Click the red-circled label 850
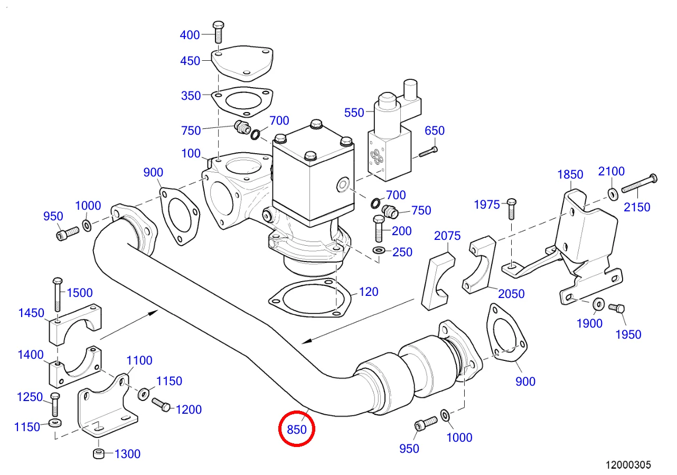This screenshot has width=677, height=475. (296, 430)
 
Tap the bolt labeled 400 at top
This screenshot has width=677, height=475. (218, 32)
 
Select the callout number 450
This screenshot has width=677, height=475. (190, 61)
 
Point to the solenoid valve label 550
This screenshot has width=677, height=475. (354, 113)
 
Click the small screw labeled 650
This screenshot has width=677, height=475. (428, 152)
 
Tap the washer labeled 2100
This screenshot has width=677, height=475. (613, 194)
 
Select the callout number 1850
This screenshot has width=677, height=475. (570, 175)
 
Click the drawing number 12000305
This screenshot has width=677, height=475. (628, 465)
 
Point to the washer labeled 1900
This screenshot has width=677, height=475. (599, 304)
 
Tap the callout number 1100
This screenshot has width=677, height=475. (139, 361)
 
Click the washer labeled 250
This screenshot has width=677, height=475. (379, 250)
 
